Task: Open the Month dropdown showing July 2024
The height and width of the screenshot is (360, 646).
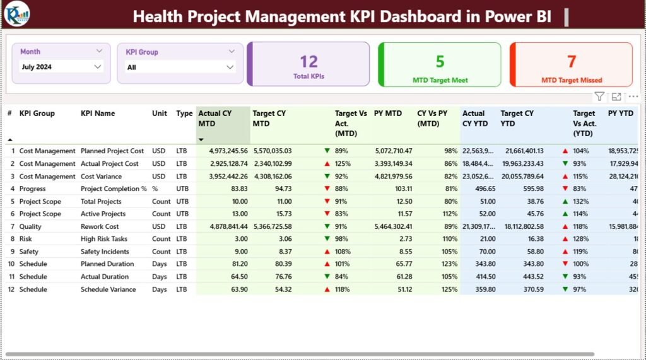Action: [61, 66]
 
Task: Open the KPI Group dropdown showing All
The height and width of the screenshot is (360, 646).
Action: [180, 67]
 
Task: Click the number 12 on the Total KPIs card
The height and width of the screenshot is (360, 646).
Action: [308, 61]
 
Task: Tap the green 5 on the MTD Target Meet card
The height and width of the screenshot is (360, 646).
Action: [440, 61]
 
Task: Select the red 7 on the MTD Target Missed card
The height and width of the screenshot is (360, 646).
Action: [571, 61]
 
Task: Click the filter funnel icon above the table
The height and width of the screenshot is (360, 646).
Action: [599, 96]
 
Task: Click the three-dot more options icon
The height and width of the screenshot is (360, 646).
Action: [633, 96]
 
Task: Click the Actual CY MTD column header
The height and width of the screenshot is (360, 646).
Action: [215, 118]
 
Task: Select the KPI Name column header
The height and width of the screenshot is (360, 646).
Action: [98, 113]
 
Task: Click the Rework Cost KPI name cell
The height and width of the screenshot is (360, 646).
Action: [100, 226]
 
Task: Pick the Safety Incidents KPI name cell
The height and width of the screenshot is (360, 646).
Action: [105, 252]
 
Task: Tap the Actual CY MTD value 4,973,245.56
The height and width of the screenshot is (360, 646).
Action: [223, 151]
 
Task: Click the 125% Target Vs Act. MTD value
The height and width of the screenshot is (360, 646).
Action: [343, 164]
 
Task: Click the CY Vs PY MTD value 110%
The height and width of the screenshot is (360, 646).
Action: [450, 239]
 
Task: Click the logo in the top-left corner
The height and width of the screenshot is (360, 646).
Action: [16, 13]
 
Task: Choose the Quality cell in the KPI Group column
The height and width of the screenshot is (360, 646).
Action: [31, 226]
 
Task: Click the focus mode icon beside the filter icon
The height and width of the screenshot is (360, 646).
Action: [616, 96]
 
